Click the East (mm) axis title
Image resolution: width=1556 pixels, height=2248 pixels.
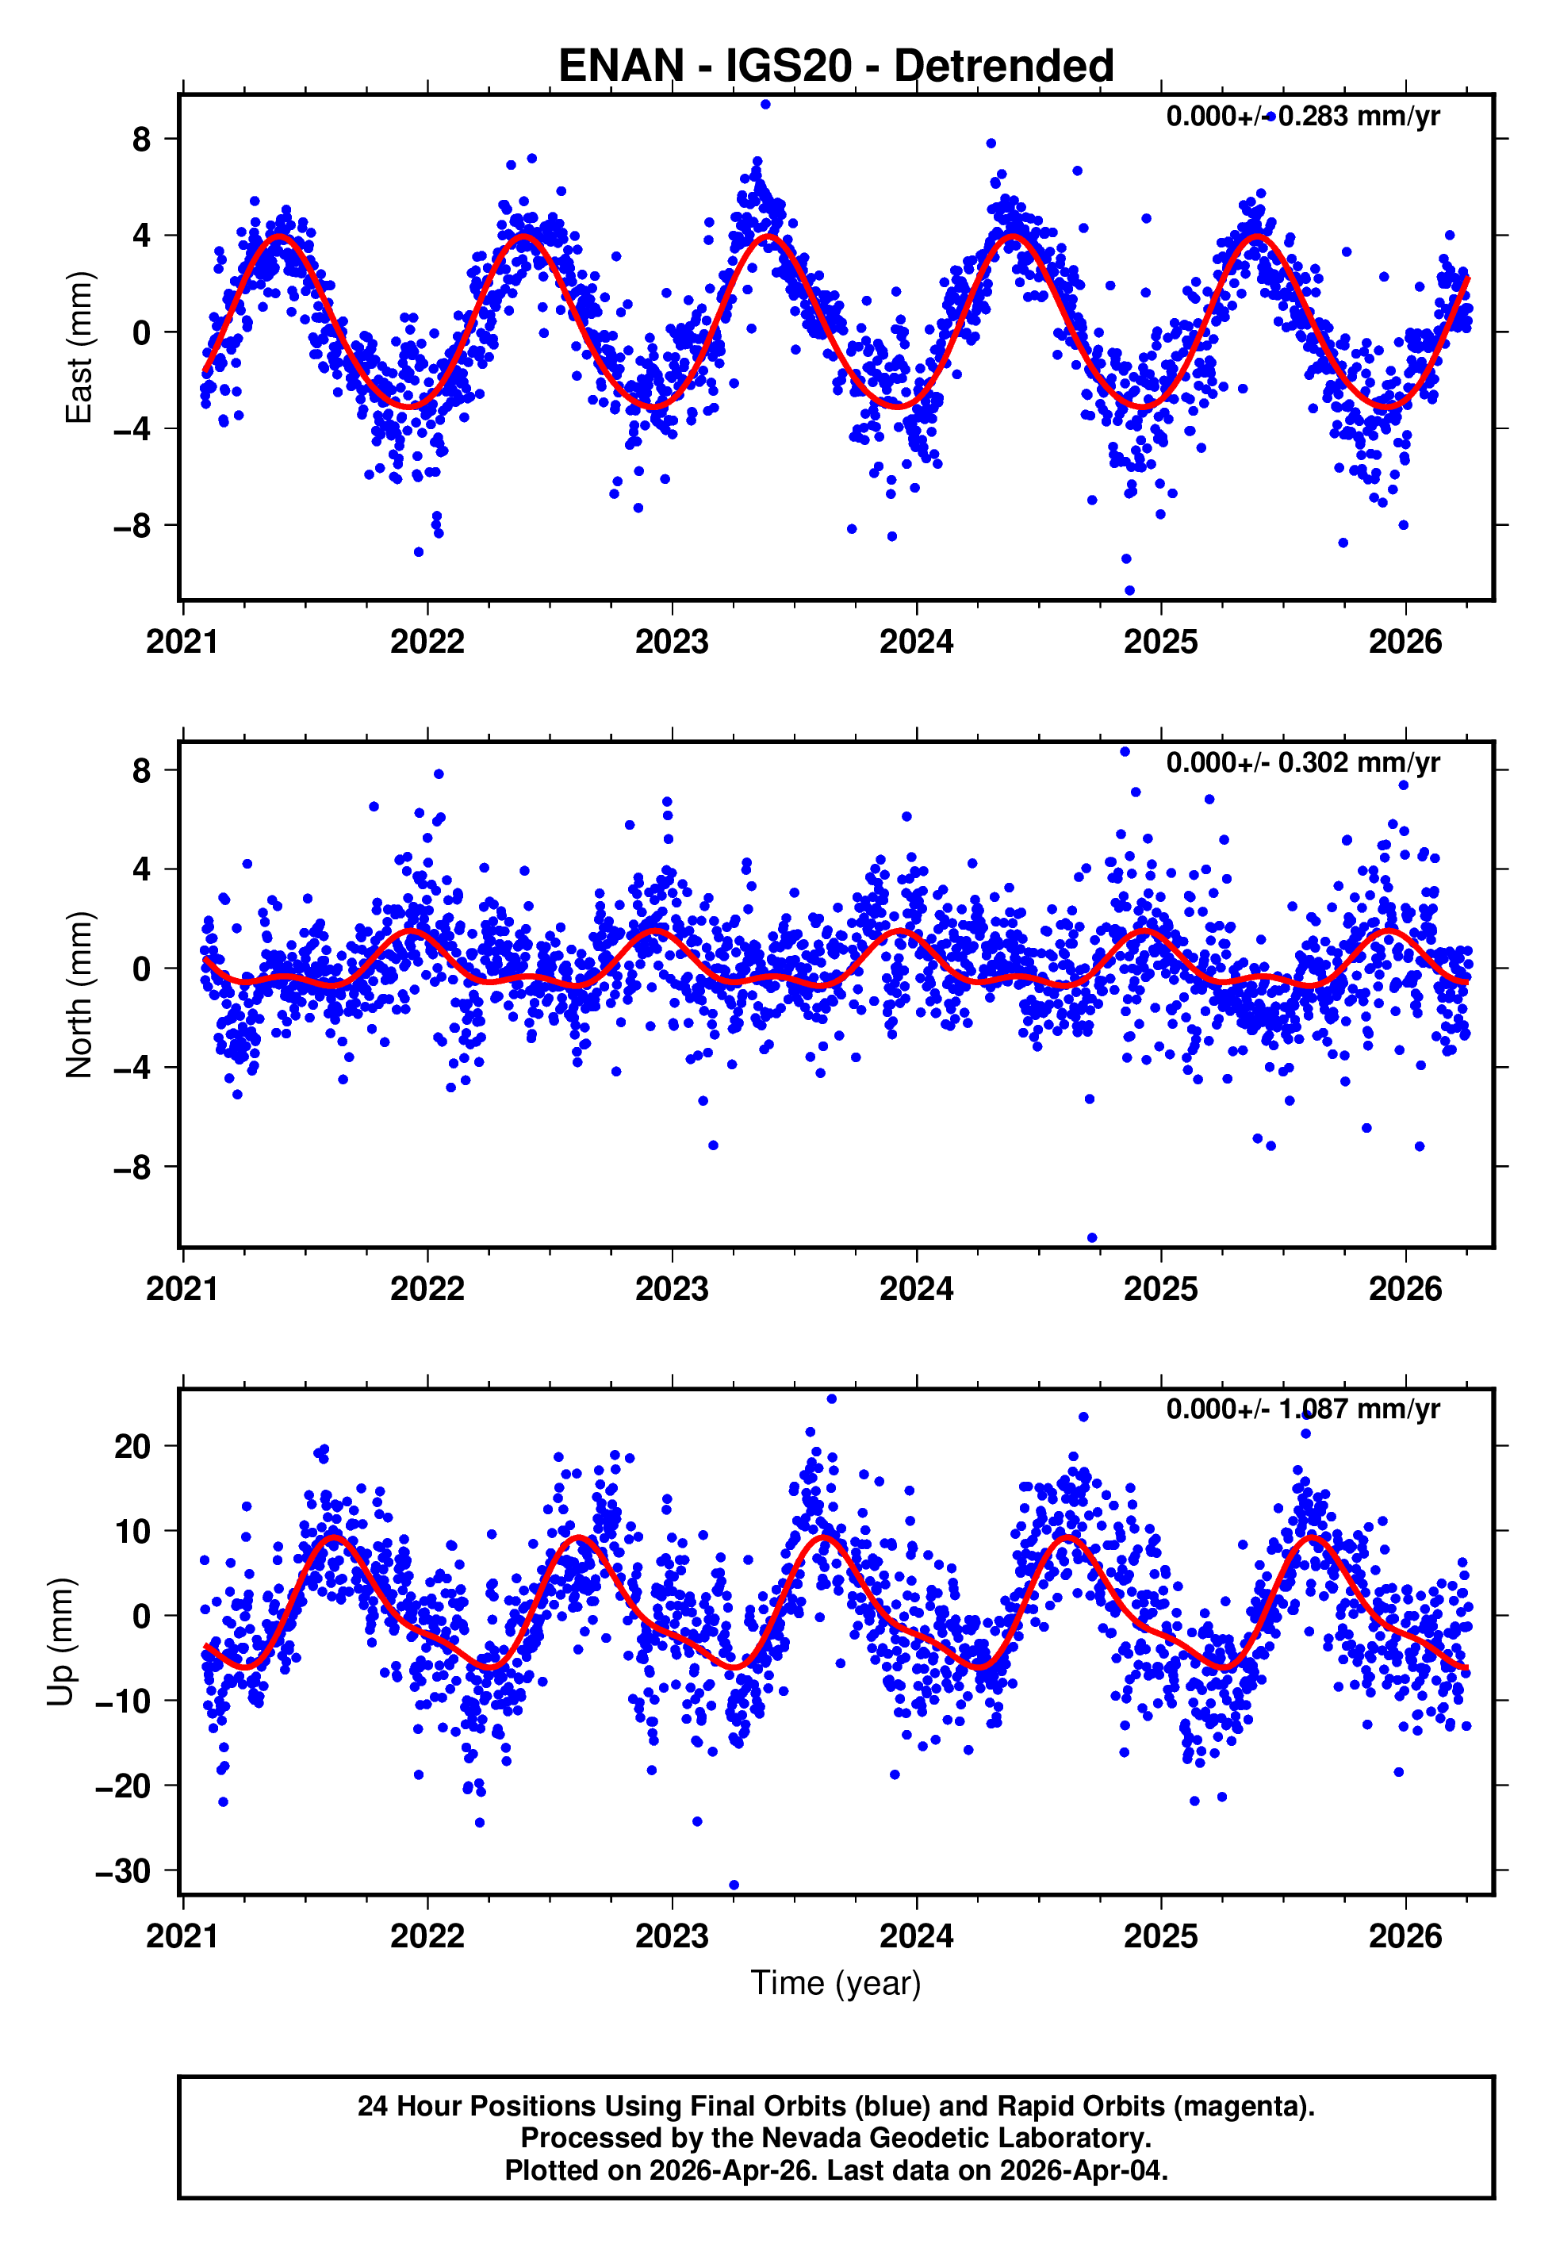click(x=78, y=348)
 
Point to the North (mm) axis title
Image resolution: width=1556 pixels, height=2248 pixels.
click(x=78, y=995)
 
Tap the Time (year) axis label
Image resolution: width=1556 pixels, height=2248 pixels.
click(x=836, y=1983)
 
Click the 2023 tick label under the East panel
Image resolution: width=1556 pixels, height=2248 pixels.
click(x=672, y=643)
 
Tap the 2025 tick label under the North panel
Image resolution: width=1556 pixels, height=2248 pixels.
click(x=1160, y=1289)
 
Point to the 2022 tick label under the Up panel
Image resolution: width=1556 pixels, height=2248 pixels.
click(x=427, y=1935)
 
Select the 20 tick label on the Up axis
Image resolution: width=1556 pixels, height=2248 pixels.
click(x=132, y=1447)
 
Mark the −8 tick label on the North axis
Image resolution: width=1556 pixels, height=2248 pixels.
click(x=132, y=1167)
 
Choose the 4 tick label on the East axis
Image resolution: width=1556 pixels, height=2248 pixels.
click(x=142, y=236)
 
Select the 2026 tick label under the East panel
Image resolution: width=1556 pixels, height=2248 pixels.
click(x=1405, y=643)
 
